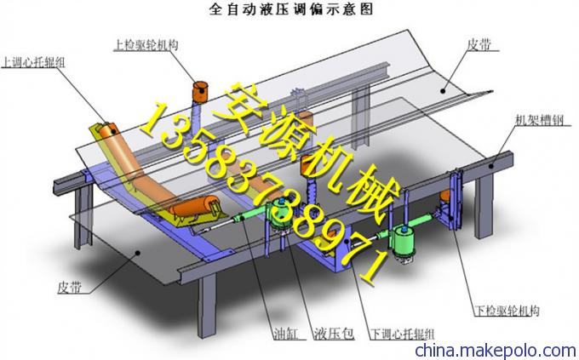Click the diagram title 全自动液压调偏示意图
(291, 9)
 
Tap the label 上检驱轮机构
(146, 45)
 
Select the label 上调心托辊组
(33, 62)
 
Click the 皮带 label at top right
(479, 45)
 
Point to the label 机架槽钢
(539, 120)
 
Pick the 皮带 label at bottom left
(70, 287)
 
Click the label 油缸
(285, 334)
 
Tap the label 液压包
(334, 334)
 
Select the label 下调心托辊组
(402, 334)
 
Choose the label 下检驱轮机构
(507, 311)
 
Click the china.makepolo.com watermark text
(496, 350)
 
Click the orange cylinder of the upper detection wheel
(200, 91)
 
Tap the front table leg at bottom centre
(206, 306)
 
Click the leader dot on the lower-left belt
(137, 252)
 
